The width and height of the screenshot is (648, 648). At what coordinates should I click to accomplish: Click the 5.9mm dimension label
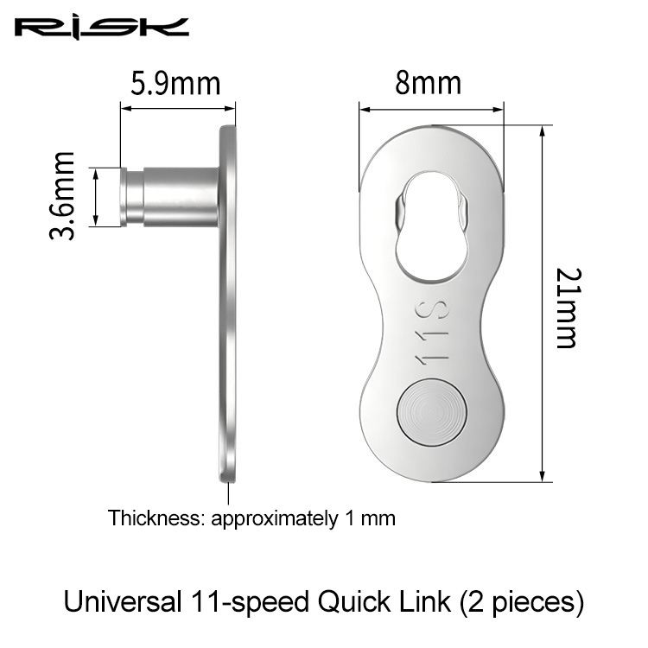click(175, 84)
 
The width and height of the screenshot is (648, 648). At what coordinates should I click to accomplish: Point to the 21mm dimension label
click(567, 307)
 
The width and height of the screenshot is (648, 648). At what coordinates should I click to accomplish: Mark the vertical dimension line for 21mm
click(542, 302)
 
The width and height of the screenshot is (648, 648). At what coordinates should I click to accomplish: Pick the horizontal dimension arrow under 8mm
click(430, 110)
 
